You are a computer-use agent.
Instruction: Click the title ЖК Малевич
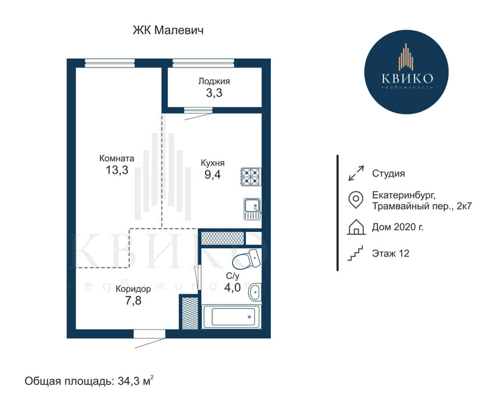point(168,30)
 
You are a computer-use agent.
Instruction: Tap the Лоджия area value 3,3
point(214,93)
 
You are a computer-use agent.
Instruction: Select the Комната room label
point(117,158)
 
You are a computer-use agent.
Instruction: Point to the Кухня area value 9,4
point(212,174)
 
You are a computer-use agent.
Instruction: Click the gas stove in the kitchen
point(251,177)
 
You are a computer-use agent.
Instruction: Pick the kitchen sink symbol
point(252,209)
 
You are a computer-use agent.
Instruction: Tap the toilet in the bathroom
point(246,259)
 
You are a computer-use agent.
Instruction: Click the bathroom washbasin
point(255,292)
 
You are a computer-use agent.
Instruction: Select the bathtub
point(231,317)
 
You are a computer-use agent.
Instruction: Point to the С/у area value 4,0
point(233,288)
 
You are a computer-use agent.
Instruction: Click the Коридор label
point(133,289)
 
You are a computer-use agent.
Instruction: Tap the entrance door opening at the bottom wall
point(150,334)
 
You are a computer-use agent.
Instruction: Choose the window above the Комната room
point(110,63)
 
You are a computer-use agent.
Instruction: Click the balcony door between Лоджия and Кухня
point(198,110)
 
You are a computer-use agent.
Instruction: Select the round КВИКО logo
point(406,72)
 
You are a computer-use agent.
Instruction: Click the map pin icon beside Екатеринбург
point(356,200)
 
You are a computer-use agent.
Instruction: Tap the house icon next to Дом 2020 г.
point(356,227)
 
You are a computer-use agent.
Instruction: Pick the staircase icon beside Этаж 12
point(355,254)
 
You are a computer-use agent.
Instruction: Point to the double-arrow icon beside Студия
point(356,173)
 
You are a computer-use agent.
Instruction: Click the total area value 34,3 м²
point(135,381)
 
